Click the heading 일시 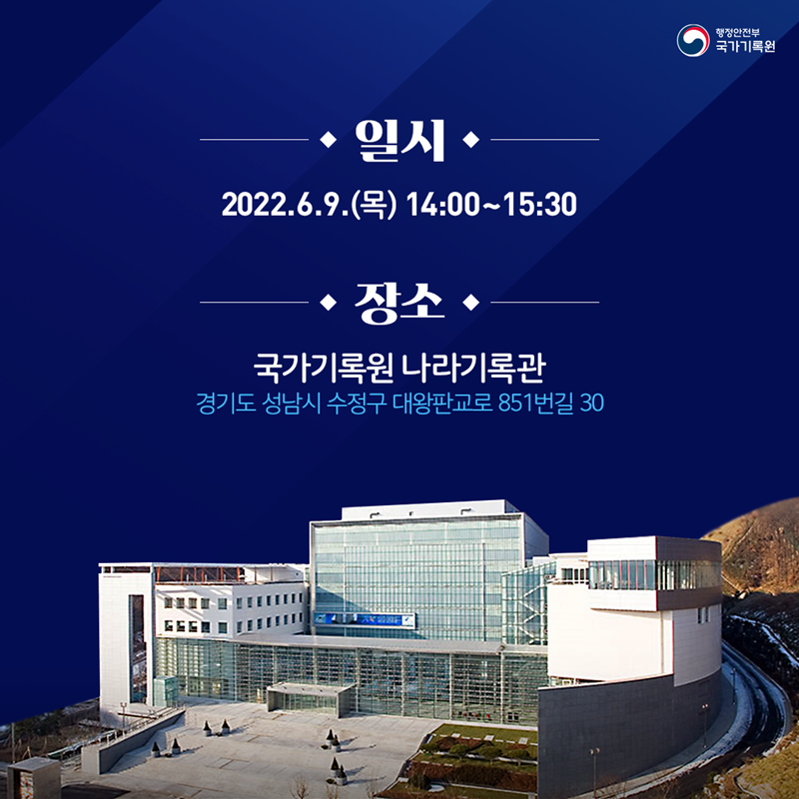point(399,141)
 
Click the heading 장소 point(399,302)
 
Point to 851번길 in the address point(528,405)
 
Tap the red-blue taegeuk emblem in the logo point(692,41)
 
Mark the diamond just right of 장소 point(472,302)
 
